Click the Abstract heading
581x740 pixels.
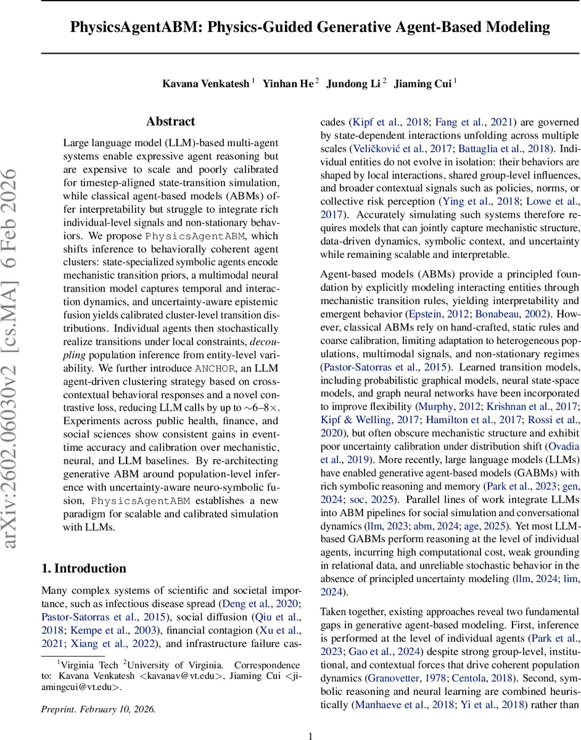[170, 121]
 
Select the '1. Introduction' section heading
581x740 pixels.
[83, 568]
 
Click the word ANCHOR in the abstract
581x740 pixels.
[215, 369]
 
